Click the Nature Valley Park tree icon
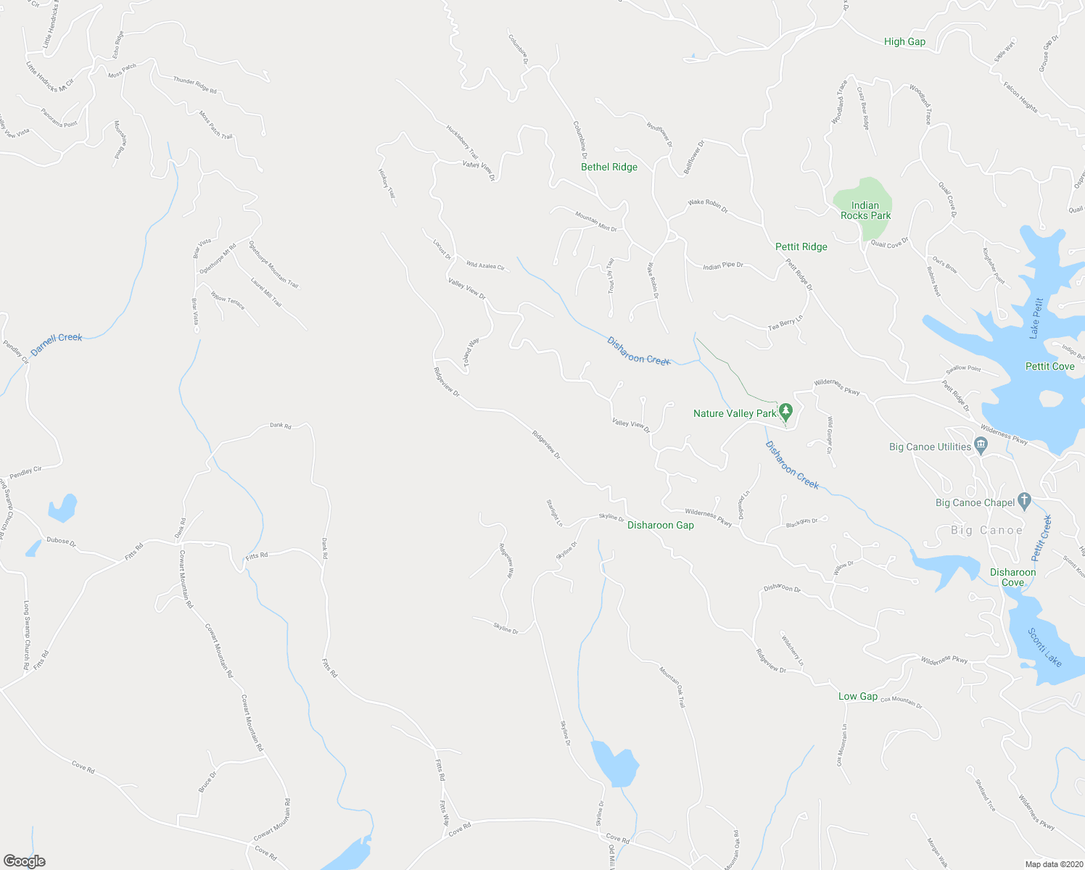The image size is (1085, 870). (x=786, y=413)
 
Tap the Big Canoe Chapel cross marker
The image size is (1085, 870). (x=1024, y=500)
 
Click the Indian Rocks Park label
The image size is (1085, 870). (x=865, y=210)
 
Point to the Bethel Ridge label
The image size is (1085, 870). (x=609, y=167)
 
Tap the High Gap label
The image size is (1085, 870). (x=904, y=41)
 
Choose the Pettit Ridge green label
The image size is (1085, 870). (x=801, y=246)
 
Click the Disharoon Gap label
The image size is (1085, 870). (x=660, y=525)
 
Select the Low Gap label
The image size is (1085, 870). (x=858, y=696)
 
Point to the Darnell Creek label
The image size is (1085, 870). (x=57, y=342)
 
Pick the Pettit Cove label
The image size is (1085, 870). (x=1049, y=366)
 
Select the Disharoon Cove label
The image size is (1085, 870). (x=1012, y=577)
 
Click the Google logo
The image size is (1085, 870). (x=25, y=861)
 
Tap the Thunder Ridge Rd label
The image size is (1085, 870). (x=194, y=86)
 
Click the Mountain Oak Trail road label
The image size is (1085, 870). (x=672, y=687)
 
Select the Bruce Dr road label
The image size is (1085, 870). (x=207, y=782)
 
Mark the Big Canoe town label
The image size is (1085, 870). (x=986, y=530)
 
